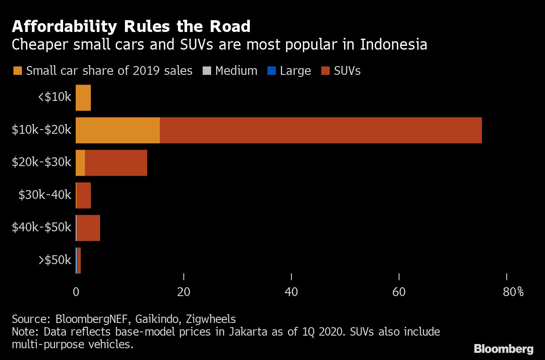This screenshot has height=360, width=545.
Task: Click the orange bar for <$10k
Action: (x=83, y=98)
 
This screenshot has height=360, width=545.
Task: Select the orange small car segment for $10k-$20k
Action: (x=118, y=130)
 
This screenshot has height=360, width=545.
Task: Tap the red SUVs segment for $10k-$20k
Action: (x=320, y=130)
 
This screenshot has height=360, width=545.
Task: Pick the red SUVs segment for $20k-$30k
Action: (x=116, y=163)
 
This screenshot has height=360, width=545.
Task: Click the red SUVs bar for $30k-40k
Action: (x=84, y=195)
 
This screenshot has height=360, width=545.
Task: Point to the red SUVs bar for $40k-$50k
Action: (x=88, y=228)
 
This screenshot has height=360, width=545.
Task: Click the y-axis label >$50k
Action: (x=55, y=260)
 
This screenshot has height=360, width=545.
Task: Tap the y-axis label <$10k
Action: (x=55, y=97)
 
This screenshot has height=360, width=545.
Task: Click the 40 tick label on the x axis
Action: (x=291, y=291)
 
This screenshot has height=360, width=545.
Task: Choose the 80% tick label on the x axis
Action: (x=513, y=291)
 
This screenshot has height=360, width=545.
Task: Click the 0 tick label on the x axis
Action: (x=76, y=291)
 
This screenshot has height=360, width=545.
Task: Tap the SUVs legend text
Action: (x=347, y=71)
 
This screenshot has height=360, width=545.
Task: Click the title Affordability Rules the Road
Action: (x=131, y=26)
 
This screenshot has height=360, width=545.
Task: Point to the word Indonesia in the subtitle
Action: (x=393, y=44)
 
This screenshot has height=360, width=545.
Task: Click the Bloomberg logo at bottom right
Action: (x=503, y=349)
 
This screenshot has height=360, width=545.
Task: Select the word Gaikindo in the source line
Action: (x=156, y=319)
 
